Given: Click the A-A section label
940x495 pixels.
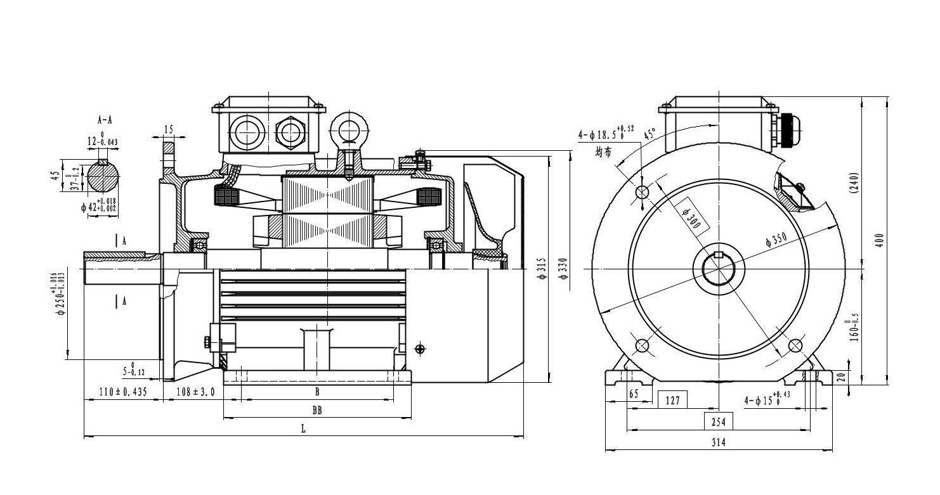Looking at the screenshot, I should [x=105, y=119].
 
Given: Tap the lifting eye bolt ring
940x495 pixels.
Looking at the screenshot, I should [x=347, y=129].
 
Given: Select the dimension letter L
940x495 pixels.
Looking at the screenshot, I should [x=303, y=429].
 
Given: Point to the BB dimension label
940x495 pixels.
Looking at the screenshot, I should [x=317, y=410].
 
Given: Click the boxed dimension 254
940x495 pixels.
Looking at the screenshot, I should [x=719, y=421].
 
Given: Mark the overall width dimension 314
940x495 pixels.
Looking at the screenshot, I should [x=719, y=443].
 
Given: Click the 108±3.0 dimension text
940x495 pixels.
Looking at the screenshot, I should [x=195, y=392].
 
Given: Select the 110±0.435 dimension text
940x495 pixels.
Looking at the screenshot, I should [x=123, y=392].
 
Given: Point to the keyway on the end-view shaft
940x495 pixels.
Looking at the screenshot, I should [x=719, y=255].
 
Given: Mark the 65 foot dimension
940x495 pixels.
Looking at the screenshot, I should [x=633, y=394].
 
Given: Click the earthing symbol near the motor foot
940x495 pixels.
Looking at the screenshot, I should [x=419, y=348].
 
